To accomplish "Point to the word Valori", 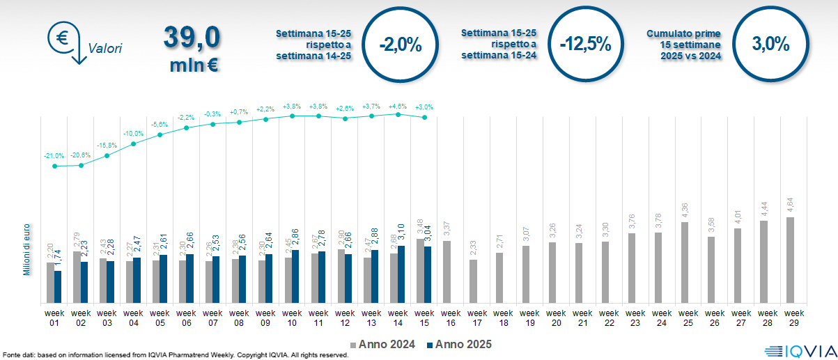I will (105, 49).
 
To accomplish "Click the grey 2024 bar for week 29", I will (790, 260).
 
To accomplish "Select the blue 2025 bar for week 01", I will (58, 286).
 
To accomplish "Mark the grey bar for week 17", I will (473, 281).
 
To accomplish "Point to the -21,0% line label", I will (54, 156).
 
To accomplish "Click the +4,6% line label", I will (398, 107).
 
